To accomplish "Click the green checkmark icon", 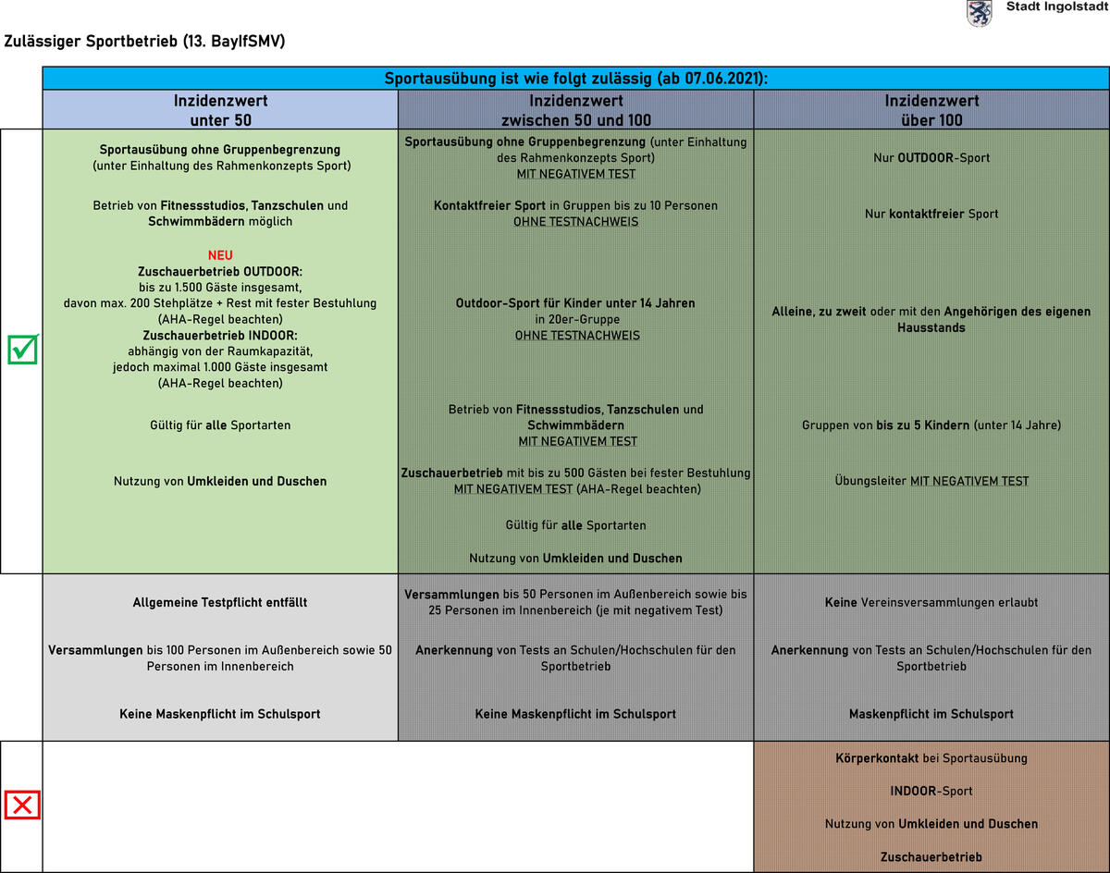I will tap(22, 350).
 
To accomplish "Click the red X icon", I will tap(22, 805).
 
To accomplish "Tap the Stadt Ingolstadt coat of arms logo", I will tap(979, 13).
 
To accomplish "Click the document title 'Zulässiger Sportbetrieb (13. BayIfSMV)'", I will tap(144, 42).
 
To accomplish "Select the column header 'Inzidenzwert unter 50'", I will tap(220, 110).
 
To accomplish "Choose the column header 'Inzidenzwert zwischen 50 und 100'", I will tap(575, 110).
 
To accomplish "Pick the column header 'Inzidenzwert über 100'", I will tap(931, 110).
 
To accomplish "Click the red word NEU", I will tap(220, 255).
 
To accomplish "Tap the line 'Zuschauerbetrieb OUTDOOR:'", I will tap(220, 272).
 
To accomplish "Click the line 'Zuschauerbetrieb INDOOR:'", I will tap(220, 335).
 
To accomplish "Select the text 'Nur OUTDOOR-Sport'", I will tap(931, 158).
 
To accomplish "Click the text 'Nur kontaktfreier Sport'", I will tap(931, 214).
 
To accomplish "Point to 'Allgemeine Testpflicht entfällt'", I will tap(220, 603).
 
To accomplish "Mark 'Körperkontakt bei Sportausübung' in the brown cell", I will tap(931, 758).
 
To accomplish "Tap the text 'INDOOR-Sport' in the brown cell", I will tap(931, 791).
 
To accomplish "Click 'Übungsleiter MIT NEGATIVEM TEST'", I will tap(931, 481).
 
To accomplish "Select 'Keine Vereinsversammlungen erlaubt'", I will tap(931, 603).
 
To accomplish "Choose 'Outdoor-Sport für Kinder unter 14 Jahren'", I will tap(575, 303).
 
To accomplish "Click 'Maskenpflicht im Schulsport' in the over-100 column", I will tap(931, 714).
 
